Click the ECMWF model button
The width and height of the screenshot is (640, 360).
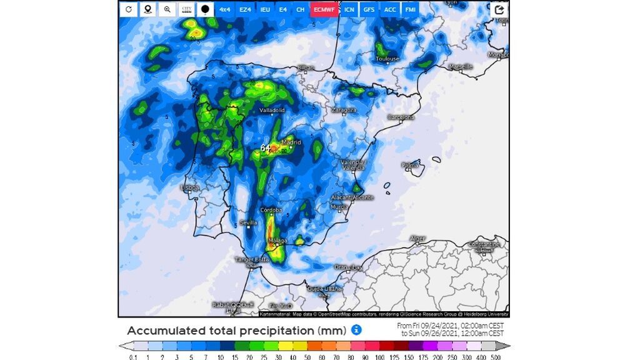click(x=324, y=9)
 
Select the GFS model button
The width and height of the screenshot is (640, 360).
click(x=370, y=9)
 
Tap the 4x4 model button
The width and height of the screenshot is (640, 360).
click(x=225, y=9)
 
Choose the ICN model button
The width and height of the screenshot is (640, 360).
click(x=349, y=9)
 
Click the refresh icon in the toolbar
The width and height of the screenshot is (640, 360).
click(x=129, y=9)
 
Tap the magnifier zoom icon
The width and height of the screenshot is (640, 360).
click(x=167, y=9)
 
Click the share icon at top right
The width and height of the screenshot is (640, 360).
click(x=499, y=9)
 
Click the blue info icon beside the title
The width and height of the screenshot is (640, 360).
click(x=356, y=329)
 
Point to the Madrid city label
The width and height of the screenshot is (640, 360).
click(x=291, y=142)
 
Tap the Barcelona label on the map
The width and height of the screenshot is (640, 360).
click(x=401, y=117)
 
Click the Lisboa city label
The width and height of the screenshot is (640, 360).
click(x=189, y=187)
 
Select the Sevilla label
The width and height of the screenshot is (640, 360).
click(x=248, y=222)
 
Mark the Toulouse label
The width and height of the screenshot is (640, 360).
click(x=387, y=59)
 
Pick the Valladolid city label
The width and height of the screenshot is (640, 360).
click(x=272, y=110)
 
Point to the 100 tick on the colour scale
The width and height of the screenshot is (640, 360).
click(x=379, y=356)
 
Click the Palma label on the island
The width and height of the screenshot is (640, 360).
click(x=410, y=166)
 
